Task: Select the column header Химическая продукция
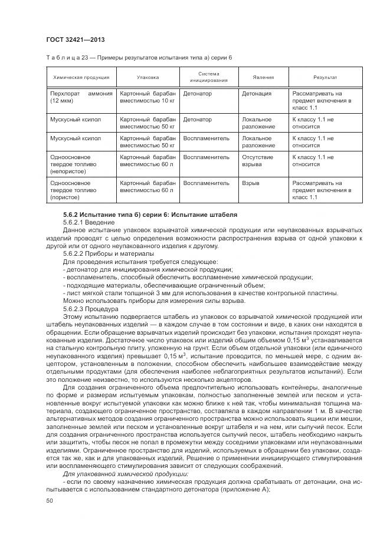coord(81,77)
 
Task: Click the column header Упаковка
coord(148,77)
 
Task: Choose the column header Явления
coord(263,77)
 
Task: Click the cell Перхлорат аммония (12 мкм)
coord(81,97)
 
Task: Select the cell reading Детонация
coord(257,94)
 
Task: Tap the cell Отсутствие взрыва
coord(258,161)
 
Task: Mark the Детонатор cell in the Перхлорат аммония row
coord(198,94)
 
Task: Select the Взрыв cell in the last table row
coord(251,183)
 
